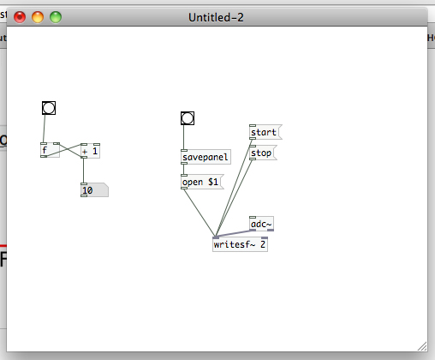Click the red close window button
coord(20,17)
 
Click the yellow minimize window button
coord(38,17)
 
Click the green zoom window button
coord(56,17)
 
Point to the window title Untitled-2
coord(216,17)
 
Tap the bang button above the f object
coord(49,108)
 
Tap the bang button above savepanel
coord(188,118)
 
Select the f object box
coord(50,150)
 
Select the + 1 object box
coord(91,151)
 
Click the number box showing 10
coord(94,190)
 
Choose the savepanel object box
coord(206,157)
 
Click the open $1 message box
coord(202,182)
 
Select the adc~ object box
coord(261,224)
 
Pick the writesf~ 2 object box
coord(240,244)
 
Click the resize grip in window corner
coord(422,346)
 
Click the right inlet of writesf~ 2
coord(265,237)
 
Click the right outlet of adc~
coord(271,230)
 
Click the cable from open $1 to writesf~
coord(199,213)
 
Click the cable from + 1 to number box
coord(83,171)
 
